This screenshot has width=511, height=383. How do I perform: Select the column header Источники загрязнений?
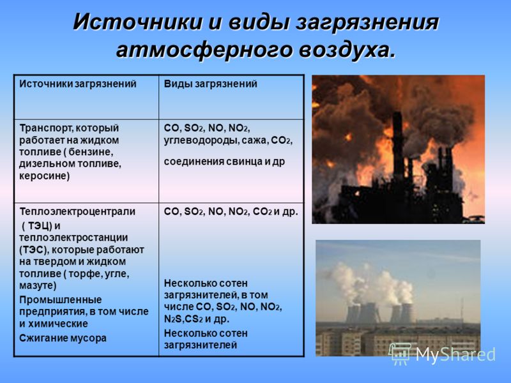pyautogui.click(x=78, y=84)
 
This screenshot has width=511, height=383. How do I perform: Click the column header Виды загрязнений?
pyautogui.click(x=211, y=84)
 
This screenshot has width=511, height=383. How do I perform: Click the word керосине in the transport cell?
pyautogui.click(x=44, y=176)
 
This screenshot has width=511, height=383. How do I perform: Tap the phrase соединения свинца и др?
pyautogui.click(x=224, y=161)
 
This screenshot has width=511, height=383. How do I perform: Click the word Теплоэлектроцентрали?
pyautogui.click(x=77, y=212)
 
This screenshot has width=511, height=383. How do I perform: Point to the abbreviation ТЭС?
pyautogui.click(x=33, y=250)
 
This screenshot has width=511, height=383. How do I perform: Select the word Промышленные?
pyautogui.click(x=60, y=299)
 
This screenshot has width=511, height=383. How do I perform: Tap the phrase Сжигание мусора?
pyautogui.click(x=63, y=338)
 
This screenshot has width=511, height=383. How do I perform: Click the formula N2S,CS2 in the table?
pyautogui.click(x=183, y=319)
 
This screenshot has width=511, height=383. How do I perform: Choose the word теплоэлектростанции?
pyautogui.click(x=73, y=237)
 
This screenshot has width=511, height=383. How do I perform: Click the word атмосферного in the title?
pyautogui.click(x=202, y=50)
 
